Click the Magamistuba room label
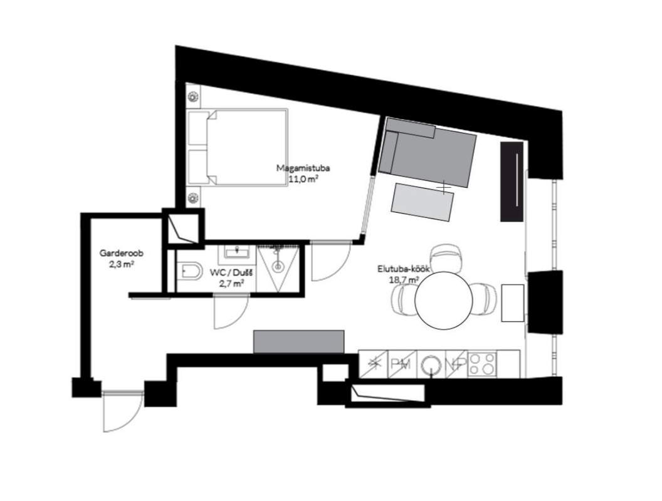[x=303, y=168]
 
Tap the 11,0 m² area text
[x=303, y=180]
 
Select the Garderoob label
[x=122, y=254]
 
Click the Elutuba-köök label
[x=404, y=268]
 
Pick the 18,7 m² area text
[x=404, y=279]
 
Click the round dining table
[x=443, y=300]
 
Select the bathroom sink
[x=238, y=252]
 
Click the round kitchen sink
[x=431, y=363]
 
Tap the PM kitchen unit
[x=401, y=364]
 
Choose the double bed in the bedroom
[x=238, y=147]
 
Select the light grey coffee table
[x=423, y=202]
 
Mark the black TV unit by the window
[x=512, y=182]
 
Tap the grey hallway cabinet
[x=298, y=341]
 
